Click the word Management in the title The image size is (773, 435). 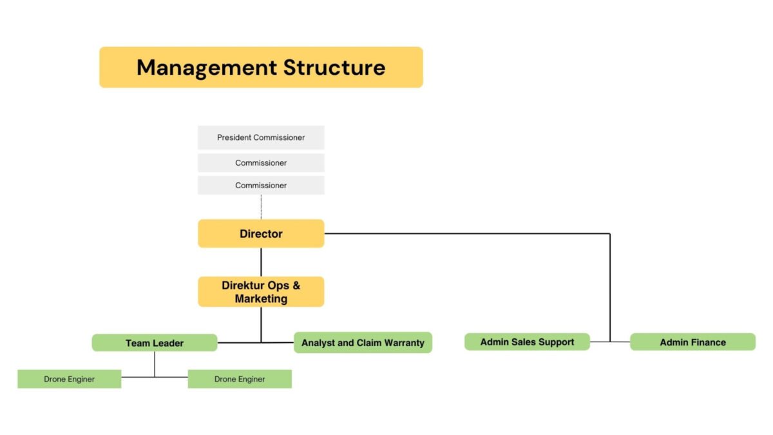click(207, 68)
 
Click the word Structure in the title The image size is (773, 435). click(334, 67)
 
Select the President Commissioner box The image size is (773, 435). click(261, 137)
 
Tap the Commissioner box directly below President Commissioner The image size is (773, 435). click(261, 162)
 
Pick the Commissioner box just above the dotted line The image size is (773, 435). click(261, 186)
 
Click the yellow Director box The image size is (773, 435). click(261, 234)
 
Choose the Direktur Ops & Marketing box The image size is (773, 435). click(261, 292)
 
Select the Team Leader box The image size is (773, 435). click(155, 343)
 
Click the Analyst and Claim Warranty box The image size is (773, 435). click(363, 342)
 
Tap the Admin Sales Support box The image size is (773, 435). click(527, 342)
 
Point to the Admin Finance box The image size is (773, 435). click(692, 342)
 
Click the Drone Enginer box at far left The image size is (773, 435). click(70, 379)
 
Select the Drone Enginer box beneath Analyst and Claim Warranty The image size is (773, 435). click(240, 379)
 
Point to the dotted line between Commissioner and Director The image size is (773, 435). click(261, 207)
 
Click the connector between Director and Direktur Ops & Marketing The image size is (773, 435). click(261, 262)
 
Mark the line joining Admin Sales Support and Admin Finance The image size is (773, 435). click(610, 342)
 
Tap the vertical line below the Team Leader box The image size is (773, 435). click(155, 364)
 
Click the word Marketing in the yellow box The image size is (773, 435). click(261, 298)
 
